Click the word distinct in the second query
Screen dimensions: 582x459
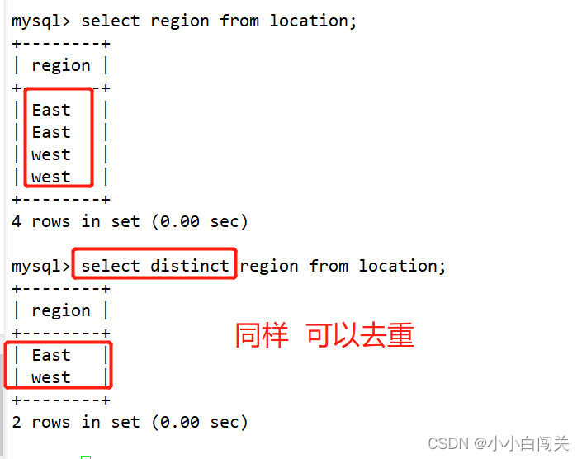tap(190, 266)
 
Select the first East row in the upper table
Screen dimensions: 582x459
tap(51, 110)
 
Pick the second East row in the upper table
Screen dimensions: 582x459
tap(51, 132)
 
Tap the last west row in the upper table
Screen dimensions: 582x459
tap(51, 177)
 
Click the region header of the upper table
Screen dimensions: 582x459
tap(61, 65)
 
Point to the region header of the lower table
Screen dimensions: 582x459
tap(61, 310)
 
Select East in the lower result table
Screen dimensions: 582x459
tap(51, 355)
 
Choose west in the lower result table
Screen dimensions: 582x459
tap(51, 377)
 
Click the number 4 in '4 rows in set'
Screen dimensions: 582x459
tap(17, 221)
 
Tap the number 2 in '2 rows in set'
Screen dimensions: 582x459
tap(17, 422)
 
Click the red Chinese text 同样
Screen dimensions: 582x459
tap(262, 335)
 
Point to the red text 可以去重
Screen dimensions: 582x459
tap(360, 335)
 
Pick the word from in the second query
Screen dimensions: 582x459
tap(329, 266)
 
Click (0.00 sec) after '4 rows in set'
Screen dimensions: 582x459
tap(200, 221)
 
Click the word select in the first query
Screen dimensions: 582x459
tap(111, 21)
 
